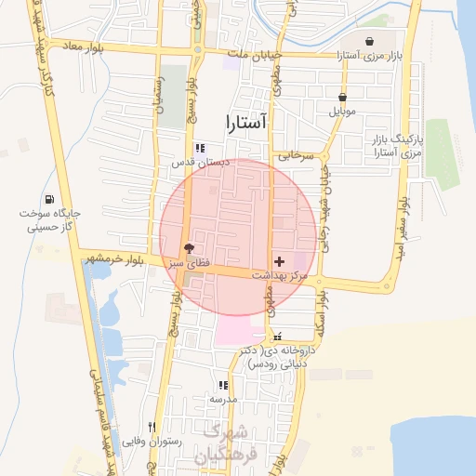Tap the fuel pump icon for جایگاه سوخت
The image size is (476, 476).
[x=48, y=199]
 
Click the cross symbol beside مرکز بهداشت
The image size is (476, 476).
[x=280, y=263]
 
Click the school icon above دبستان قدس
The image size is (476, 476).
[x=199, y=148]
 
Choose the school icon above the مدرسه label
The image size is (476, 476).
[x=222, y=385]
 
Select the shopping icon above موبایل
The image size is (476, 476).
[x=343, y=97]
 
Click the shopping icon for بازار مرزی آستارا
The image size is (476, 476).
[x=371, y=42]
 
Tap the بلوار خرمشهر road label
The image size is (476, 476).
[x=111, y=258]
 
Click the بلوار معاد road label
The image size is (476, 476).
[x=83, y=45]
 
